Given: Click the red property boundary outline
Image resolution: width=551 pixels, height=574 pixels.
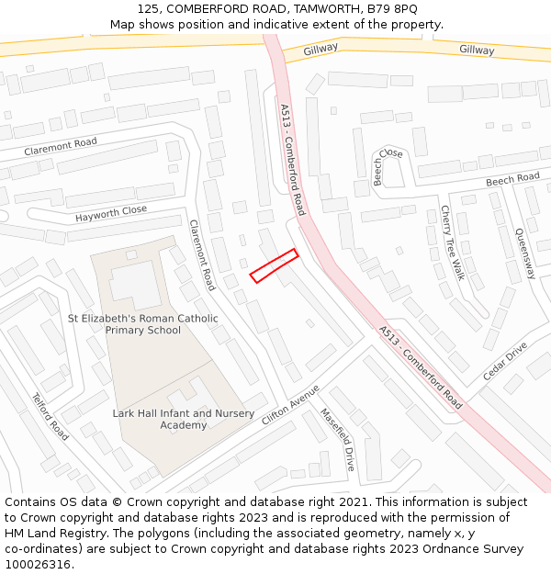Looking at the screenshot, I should coord(274,264).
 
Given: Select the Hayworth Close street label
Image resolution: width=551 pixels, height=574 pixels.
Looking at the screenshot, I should coord(111,214).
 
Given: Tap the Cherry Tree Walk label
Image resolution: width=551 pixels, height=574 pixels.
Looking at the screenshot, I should coord(452,242).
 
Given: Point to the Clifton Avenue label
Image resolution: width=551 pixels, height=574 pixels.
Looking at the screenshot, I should coord(290,404).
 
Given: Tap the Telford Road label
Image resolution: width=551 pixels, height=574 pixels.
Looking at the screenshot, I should coord(51,416).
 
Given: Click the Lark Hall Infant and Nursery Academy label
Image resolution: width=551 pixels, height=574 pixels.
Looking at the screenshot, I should coord(184,420).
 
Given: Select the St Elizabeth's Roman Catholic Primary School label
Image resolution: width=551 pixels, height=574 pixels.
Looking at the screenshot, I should coord(143,324).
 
